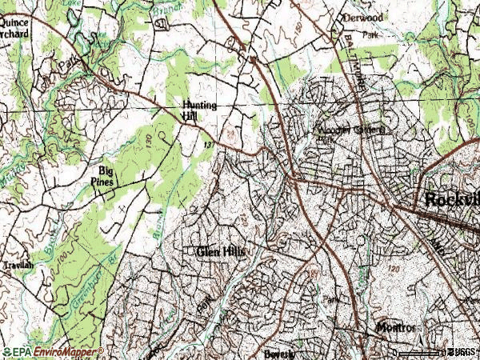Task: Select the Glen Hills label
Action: [220, 252]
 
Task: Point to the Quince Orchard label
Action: [14, 30]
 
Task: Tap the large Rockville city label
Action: [451, 199]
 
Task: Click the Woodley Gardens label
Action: [351, 130]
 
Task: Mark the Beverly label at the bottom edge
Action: [279, 354]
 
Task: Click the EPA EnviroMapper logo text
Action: [53, 352]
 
